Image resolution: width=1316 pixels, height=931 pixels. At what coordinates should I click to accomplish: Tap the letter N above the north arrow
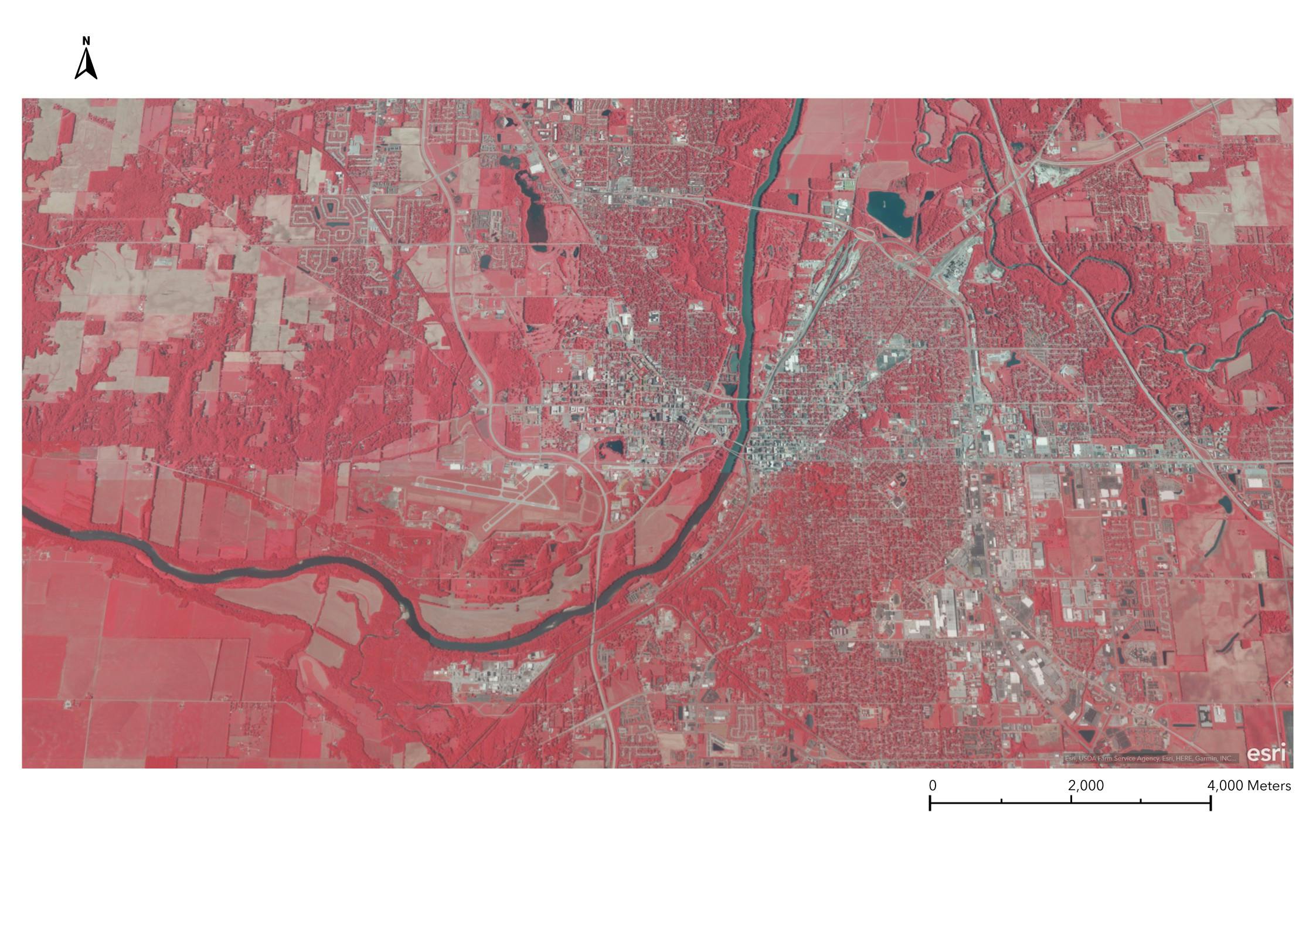(x=86, y=40)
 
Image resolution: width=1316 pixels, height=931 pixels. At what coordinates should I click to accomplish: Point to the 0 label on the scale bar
(x=933, y=786)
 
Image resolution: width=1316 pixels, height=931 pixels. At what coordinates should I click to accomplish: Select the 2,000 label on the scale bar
(x=1086, y=786)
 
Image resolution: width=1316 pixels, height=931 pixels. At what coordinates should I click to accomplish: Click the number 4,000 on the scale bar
(x=1225, y=786)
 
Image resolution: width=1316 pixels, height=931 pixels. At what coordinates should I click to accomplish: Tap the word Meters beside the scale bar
(x=1269, y=786)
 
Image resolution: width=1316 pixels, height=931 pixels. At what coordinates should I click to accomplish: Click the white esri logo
(x=1266, y=753)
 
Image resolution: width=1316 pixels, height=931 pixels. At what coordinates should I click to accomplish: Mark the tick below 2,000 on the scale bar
(x=1071, y=800)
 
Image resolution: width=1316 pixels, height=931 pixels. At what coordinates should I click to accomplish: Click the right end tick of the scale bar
(x=1210, y=803)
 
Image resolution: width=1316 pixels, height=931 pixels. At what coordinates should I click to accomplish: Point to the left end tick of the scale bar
(x=930, y=803)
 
